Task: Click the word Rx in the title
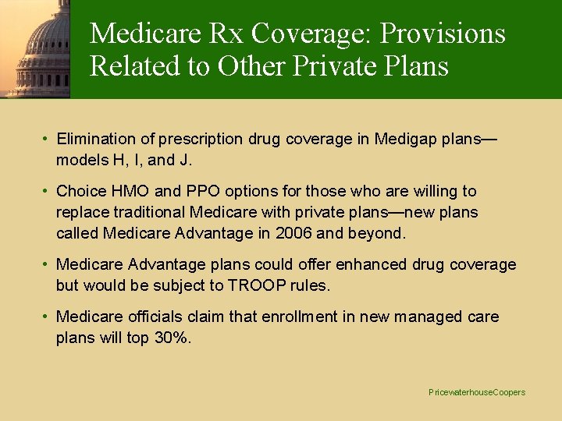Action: (230, 34)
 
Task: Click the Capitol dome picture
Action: (35, 48)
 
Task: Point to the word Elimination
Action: (96, 139)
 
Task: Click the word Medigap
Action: (407, 139)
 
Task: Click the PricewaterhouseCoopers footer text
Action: (477, 392)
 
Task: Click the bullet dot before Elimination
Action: (47, 139)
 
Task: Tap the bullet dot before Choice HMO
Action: (47, 191)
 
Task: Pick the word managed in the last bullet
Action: (423, 317)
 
